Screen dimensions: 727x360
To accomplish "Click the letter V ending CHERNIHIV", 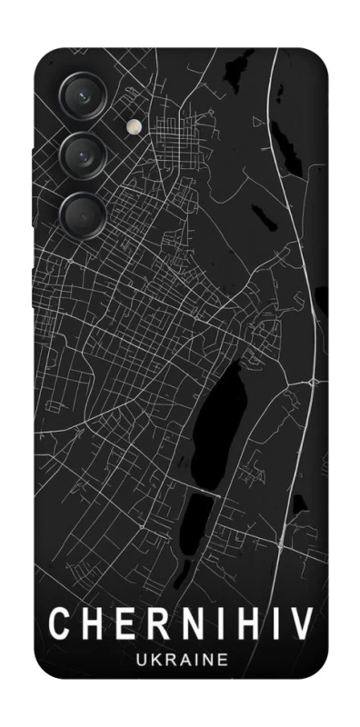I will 300,624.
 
